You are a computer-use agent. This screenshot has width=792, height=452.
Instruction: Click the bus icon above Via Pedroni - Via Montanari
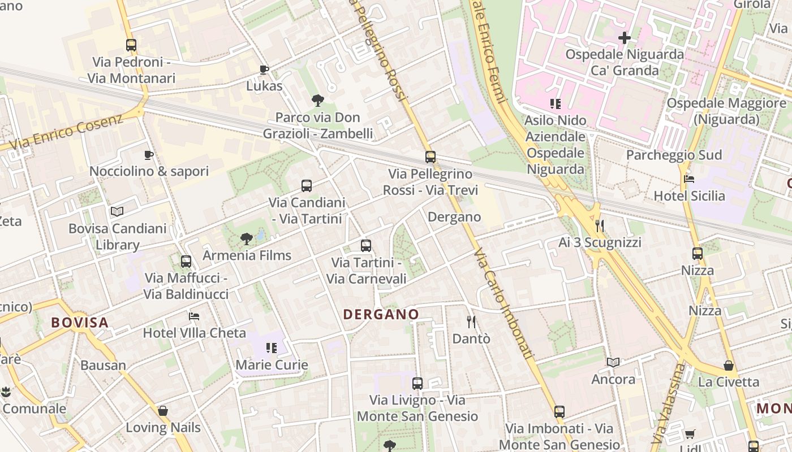click(131, 45)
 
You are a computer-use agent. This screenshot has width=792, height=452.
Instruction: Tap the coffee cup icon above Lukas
click(264, 69)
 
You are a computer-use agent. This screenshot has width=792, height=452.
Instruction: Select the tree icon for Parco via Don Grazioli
click(318, 101)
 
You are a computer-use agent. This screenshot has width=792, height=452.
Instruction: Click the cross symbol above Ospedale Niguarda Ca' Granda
click(625, 38)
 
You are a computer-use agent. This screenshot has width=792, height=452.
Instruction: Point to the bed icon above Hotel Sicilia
click(689, 179)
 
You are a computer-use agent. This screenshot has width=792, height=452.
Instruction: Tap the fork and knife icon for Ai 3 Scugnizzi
click(600, 226)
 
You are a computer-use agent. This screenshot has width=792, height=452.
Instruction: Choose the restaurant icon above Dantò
click(471, 322)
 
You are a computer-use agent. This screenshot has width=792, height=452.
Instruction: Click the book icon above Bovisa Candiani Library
click(117, 212)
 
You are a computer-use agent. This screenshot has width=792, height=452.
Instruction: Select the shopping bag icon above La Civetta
click(729, 366)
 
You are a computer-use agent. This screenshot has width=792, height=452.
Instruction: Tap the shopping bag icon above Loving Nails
click(163, 411)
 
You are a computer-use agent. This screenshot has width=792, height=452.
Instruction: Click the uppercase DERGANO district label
click(381, 314)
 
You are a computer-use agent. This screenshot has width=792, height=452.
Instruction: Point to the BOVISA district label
click(80, 323)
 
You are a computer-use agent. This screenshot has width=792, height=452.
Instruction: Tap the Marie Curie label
click(272, 365)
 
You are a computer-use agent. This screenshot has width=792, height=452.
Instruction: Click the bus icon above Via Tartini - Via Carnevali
click(366, 246)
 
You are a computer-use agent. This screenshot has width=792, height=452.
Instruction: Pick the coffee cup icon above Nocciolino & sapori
click(149, 155)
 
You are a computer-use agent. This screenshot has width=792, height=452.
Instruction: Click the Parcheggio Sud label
click(674, 155)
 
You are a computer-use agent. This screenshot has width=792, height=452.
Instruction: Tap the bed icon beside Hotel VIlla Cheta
click(194, 316)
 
